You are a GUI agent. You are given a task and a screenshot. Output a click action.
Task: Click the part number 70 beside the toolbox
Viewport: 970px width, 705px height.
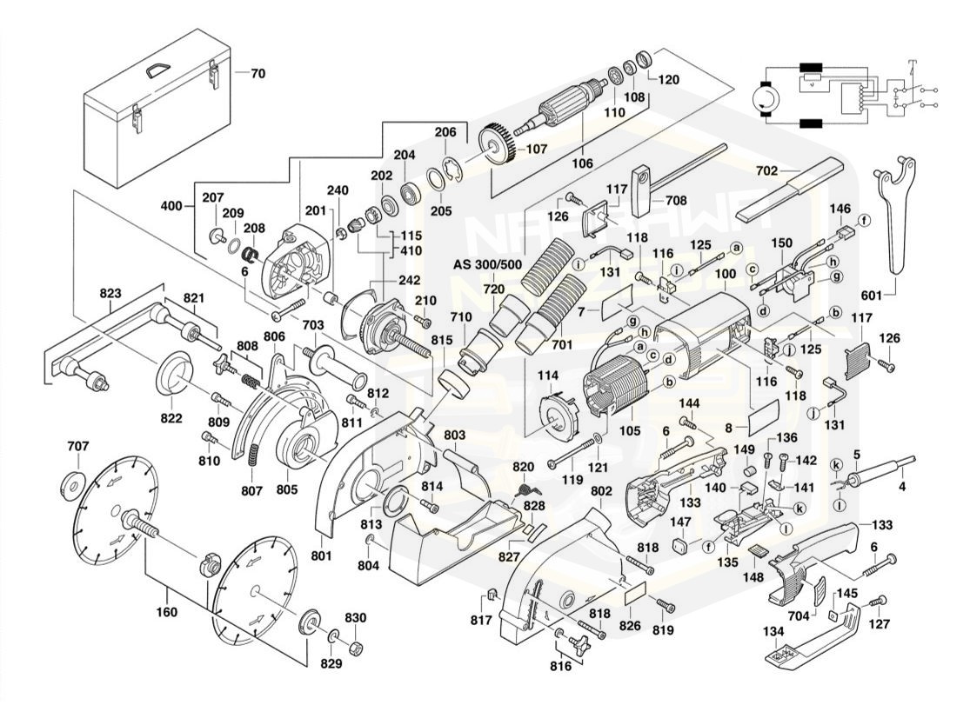[258, 74]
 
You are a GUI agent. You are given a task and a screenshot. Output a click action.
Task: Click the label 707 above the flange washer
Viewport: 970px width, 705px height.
[78, 447]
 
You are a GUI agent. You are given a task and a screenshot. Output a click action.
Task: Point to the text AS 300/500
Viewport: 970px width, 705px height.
[488, 264]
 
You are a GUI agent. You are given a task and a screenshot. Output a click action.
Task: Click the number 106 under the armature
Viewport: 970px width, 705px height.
[607, 163]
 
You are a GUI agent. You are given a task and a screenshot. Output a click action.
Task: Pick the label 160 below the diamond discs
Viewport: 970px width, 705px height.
[166, 612]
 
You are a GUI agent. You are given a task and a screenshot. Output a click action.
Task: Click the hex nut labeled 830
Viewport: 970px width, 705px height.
[356, 648]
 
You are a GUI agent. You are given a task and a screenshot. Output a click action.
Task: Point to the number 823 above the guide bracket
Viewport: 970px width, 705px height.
[110, 293]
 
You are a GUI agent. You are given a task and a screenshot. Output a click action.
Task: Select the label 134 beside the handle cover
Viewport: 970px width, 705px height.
[773, 631]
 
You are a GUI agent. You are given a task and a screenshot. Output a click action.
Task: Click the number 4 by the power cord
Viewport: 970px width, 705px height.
[902, 487]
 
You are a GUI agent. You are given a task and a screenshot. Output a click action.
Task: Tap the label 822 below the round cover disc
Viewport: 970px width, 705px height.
[171, 418]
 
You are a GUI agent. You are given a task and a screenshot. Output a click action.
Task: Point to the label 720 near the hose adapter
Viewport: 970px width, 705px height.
[493, 288]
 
